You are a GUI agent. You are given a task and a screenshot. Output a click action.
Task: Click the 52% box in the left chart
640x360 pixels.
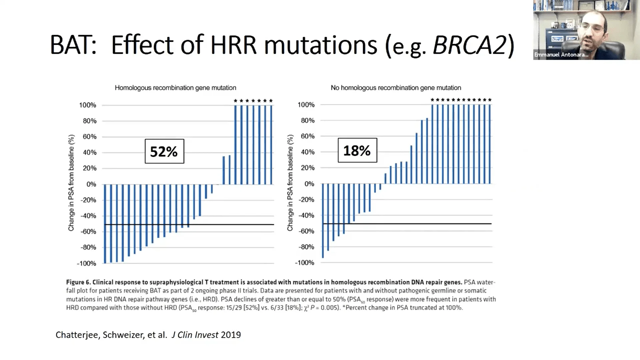pyautogui.click(x=164, y=151)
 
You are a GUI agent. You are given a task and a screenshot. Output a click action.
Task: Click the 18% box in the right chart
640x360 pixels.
pyautogui.click(x=357, y=150)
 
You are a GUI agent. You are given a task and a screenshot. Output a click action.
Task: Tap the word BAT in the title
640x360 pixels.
pyautogui.click(x=73, y=45)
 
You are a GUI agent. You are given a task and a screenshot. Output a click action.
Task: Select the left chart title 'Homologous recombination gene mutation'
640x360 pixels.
pyautogui.click(x=175, y=88)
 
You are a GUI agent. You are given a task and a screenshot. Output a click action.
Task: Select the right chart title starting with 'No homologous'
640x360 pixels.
pyautogui.click(x=396, y=88)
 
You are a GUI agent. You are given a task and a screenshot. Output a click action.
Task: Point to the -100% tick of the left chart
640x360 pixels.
pyautogui.click(x=86, y=263)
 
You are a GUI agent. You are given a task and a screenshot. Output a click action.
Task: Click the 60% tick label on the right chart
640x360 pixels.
pyautogui.click(x=307, y=136)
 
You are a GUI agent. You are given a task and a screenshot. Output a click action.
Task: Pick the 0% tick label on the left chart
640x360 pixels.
pyautogui.click(x=91, y=184)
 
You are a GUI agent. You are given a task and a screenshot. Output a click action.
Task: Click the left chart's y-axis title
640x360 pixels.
pyautogui.click(x=71, y=183)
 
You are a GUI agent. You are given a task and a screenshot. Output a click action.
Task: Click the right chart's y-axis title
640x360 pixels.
pyautogui.click(x=290, y=183)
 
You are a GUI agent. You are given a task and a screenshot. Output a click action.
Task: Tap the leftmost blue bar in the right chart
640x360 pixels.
pyautogui.click(x=323, y=220)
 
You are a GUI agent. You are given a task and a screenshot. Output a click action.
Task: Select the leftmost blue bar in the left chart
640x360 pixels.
pyautogui.click(x=105, y=223)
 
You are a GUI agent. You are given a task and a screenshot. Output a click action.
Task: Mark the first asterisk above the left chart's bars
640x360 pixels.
pyautogui.click(x=236, y=101)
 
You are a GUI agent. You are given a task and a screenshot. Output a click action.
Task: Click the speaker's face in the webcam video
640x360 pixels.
pyautogui.click(x=592, y=27)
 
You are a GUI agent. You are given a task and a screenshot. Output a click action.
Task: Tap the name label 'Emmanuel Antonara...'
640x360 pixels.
pyautogui.click(x=561, y=55)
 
